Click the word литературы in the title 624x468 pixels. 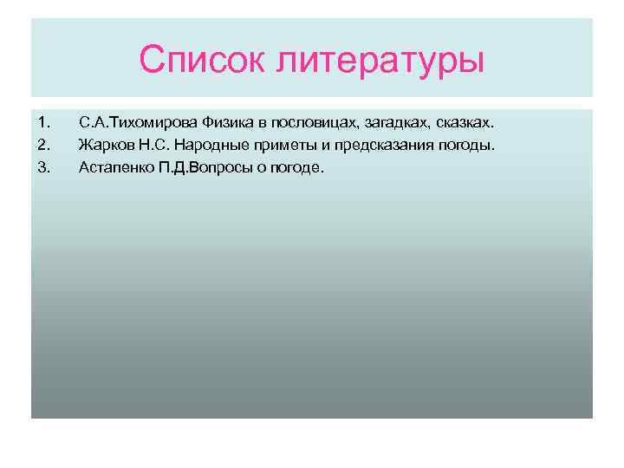click(381, 61)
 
